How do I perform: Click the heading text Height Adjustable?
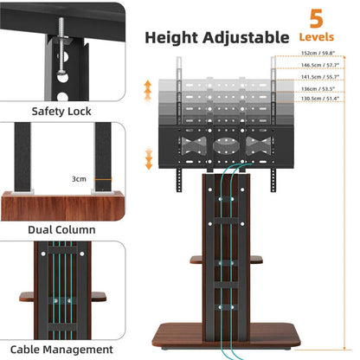216,37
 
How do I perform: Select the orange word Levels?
316,38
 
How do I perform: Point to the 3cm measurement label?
79,180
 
